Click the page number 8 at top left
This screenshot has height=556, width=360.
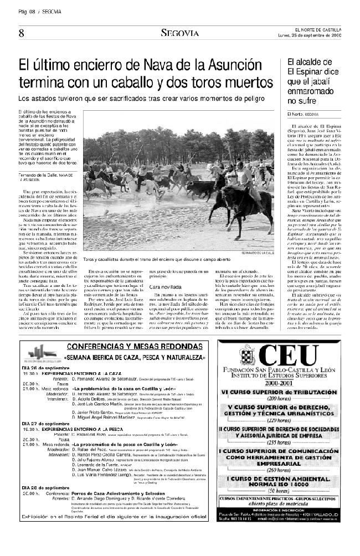[21, 33]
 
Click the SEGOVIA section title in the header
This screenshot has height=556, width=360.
[179, 33]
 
